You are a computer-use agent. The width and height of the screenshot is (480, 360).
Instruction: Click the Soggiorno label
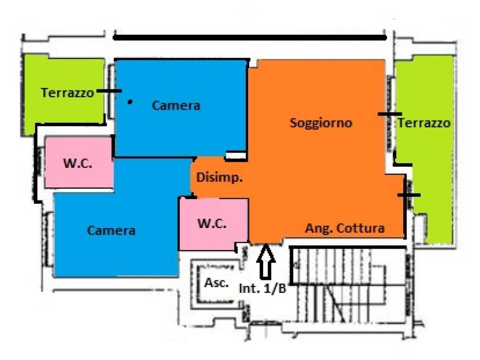point(321,123)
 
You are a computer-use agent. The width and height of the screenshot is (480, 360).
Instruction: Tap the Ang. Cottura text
point(345,228)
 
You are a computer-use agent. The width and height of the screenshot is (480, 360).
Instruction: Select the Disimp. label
point(219,177)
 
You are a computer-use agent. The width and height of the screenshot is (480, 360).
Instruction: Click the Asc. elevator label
point(216,283)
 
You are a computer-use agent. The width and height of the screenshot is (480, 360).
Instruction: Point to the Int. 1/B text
point(263,289)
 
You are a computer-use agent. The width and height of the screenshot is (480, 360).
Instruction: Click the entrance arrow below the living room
point(266,262)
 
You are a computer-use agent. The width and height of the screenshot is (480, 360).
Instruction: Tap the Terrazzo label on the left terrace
point(68,93)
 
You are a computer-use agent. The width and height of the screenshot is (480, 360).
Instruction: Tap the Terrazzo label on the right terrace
point(424,123)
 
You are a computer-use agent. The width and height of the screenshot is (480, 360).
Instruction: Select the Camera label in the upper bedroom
point(176,106)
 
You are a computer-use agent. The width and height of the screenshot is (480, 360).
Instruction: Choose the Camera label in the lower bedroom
point(111,230)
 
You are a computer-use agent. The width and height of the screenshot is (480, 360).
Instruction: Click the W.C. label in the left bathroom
point(77,163)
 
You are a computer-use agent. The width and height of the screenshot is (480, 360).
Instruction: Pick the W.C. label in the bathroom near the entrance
point(212,224)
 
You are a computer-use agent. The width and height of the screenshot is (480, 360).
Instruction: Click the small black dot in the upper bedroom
point(130,101)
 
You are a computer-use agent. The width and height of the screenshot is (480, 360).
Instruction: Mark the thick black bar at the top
point(250,38)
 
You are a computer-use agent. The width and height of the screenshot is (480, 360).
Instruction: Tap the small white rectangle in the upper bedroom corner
point(236,155)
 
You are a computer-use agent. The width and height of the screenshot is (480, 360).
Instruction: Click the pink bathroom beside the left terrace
point(79,162)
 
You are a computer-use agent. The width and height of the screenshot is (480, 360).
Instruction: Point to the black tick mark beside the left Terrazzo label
point(109,91)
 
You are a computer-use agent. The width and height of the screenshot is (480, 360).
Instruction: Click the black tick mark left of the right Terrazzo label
point(390,114)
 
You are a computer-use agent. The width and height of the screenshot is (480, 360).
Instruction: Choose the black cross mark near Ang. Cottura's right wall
point(408,195)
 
